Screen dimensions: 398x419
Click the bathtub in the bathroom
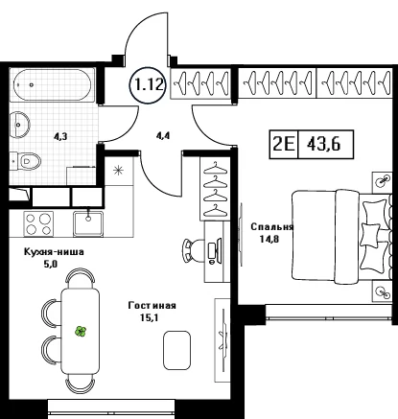coord(53,84)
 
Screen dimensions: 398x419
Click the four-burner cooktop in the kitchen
coord(38,224)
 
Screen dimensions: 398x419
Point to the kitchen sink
coord(88,223)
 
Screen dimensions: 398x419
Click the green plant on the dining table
coord(81,332)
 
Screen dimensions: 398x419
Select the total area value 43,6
coord(324,144)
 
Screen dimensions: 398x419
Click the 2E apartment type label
coord(284,144)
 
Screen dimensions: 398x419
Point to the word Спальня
coord(272,227)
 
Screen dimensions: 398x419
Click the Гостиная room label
coord(152,306)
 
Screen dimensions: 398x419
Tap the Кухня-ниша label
coord(54,252)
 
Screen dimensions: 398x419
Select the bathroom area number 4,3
coord(60,137)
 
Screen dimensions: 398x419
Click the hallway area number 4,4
coord(163,136)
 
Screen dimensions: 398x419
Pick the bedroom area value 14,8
coord(269,239)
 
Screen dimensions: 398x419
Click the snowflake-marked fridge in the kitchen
coord(119,171)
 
